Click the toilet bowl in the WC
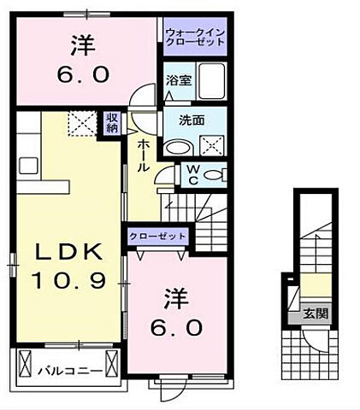click(x=217, y=175)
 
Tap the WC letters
click(x=192, y=173)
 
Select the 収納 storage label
click(x=111, y=122)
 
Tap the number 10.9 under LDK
click(x=68, y=278)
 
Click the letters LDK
click(x=68, y=252)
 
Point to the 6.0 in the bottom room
click(x=178, y=327)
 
